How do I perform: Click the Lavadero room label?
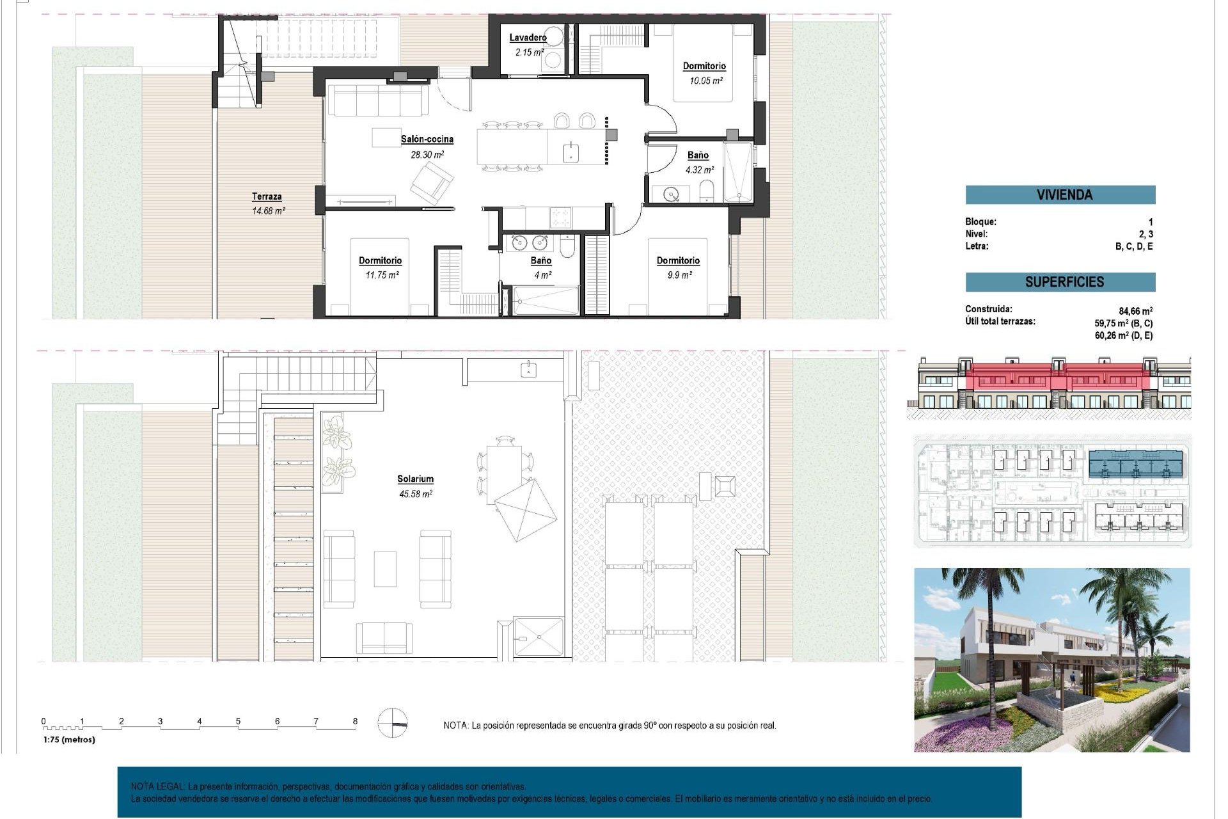(528, 38)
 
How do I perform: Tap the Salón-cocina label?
(427, 139)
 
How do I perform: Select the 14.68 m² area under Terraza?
(268, 211)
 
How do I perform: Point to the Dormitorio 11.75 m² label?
(380, 260)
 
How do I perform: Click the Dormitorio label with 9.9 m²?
(678, 260)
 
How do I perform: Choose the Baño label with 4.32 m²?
(698, 155)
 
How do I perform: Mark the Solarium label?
(415, 479)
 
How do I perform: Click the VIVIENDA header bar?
(1060, 195)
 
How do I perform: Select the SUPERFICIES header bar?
(1060, 282)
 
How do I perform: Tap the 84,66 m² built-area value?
(1136, 312)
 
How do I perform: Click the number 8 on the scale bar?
(355, 721)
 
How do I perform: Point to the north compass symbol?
(392, 723)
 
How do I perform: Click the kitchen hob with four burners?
(561, 217)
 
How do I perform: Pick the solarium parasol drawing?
(525, 509)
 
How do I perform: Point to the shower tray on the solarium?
(539, 636)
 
